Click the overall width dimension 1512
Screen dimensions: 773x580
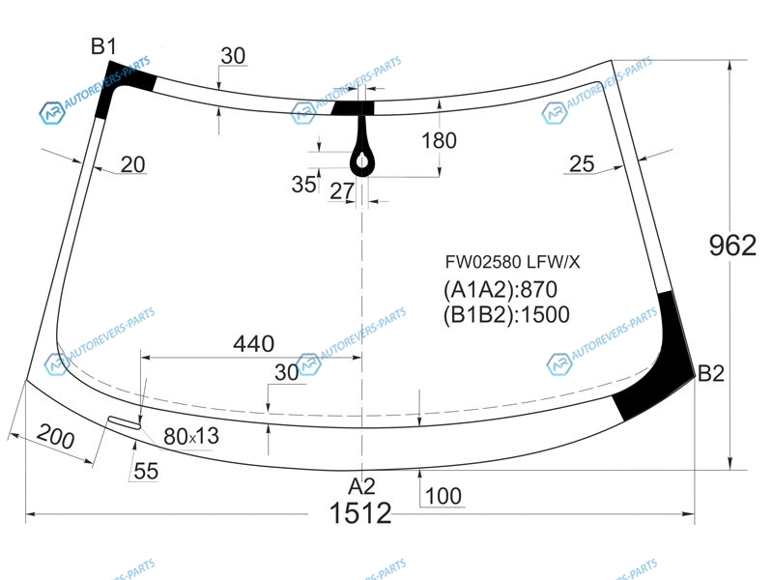360,513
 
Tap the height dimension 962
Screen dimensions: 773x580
732,246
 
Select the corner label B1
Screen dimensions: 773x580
103,46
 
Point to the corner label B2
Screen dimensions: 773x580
711,374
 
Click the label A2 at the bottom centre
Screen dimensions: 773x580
361,486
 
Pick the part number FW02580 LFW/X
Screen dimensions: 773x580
513,262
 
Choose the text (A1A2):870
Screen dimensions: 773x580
501,289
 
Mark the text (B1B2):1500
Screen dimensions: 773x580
506,315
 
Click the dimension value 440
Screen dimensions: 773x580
254,344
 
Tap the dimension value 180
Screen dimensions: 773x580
439,140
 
